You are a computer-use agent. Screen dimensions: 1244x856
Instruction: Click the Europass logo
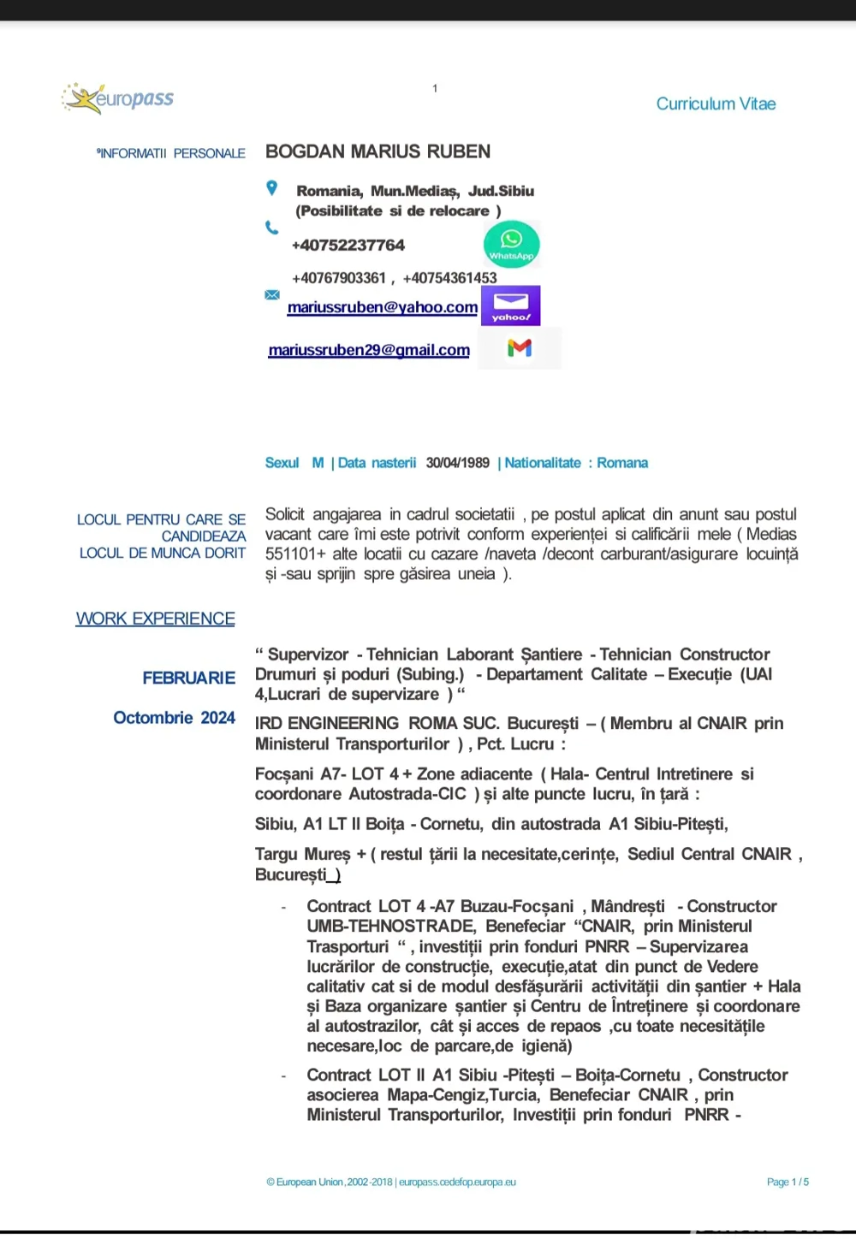point(118,98)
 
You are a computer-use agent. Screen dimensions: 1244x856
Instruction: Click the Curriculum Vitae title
point(716,104)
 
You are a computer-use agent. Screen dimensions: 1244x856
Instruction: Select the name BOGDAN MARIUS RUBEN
point(377,151)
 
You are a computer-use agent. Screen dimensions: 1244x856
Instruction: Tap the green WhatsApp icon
point(511,245)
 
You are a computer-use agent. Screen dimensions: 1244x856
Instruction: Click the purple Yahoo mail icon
point(511,305)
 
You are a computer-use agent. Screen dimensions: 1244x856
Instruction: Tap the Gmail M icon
point(520,348)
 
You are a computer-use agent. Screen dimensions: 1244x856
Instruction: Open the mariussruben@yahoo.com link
point(383,307)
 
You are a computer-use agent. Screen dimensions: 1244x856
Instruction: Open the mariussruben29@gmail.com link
point(369,350)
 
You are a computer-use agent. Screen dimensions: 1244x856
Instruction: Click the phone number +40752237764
point(348,246)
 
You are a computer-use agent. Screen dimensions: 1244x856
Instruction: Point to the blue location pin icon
point(271,188)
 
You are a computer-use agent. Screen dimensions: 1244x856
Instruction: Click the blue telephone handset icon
point(271,228)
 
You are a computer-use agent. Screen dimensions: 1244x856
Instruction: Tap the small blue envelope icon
point(272,294)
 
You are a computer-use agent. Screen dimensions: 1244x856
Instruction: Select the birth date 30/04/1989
point(458,463)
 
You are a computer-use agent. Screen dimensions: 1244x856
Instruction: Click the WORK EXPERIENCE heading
point(155,619)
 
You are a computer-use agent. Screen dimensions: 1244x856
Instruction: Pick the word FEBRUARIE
point(188,678)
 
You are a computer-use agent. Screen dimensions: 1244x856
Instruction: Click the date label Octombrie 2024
point(174,718)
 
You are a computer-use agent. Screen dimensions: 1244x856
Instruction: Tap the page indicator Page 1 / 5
point(788,1182)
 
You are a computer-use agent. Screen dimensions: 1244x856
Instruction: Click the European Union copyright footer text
point(391,1182)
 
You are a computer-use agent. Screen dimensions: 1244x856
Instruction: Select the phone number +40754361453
point(449,278)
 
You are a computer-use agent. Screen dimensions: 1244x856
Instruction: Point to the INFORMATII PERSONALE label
point(171,153)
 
